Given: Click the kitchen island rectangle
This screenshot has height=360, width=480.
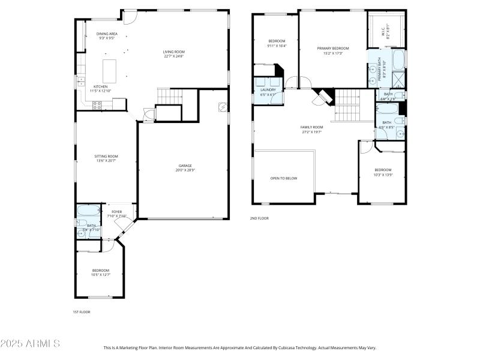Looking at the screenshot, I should click(x=109, y=71).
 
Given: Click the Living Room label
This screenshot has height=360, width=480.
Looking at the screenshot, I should click(x=173, y=52).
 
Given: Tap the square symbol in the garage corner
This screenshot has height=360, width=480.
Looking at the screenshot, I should click(x=222, y=107).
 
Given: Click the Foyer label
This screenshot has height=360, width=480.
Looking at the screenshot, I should click(x=116, y=212).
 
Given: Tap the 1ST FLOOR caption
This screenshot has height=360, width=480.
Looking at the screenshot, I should click(x=81, y=312).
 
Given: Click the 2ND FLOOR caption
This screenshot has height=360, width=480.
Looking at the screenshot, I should click(x=259, y=218).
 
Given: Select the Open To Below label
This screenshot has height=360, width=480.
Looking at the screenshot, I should click(x=283, y=178).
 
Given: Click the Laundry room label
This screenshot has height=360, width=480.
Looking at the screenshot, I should click(x=268, y=90).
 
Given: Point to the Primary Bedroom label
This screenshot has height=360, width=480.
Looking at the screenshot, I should click(x=332, y=48).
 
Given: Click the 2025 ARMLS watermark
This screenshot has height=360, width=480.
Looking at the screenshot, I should click(x=30, y=344).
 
